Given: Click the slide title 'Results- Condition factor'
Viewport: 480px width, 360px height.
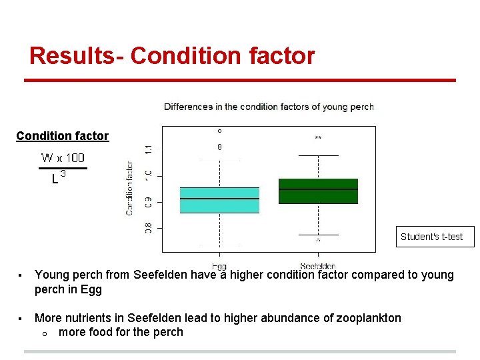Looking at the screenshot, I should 172,55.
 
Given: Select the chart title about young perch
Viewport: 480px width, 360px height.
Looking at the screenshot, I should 269,107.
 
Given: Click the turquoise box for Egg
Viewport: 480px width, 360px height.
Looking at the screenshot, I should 219,200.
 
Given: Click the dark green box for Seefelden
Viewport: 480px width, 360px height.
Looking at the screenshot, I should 318,191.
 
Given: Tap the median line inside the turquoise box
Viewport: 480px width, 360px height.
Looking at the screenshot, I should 219,199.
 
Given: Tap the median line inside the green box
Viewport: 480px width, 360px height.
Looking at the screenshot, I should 318,189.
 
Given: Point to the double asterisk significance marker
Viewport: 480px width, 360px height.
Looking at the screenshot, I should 318,138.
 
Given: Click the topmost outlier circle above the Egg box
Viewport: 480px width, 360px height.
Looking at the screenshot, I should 219,131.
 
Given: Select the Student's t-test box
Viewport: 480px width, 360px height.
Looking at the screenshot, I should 431,237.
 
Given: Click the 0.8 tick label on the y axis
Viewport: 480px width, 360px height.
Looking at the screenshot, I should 148,227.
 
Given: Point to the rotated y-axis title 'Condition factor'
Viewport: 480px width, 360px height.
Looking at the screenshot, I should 129,189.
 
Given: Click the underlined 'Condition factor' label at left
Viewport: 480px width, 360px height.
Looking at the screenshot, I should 62,136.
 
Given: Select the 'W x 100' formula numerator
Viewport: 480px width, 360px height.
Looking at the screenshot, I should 63,158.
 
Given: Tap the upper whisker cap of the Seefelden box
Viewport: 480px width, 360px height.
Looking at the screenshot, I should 318,155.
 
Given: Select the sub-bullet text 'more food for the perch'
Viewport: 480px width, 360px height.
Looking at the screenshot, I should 121,332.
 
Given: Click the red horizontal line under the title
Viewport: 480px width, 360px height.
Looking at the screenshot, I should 240,81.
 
